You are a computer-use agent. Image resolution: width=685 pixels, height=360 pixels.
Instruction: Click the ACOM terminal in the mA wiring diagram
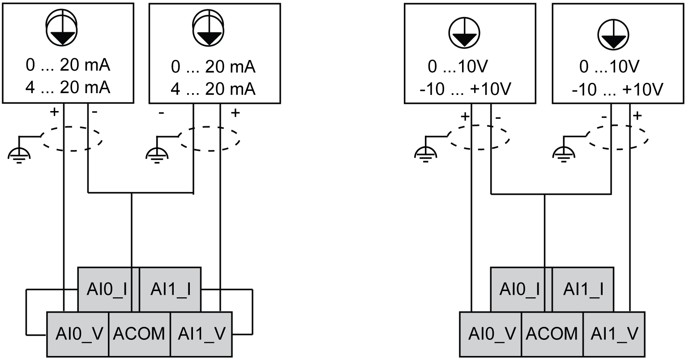tap(139, 334)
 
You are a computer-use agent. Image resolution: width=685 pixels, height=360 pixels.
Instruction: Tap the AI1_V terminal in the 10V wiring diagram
tap(614, 334)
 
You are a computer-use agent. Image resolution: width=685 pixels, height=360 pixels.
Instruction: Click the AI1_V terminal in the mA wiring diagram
tap(201, 334)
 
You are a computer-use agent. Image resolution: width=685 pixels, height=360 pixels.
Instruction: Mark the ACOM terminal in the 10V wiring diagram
tap(552, 334)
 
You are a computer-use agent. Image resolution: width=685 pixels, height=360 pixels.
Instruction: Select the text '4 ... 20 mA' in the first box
tap(68, 88)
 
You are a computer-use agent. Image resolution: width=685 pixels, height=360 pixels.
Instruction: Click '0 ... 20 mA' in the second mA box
tap(214, 67)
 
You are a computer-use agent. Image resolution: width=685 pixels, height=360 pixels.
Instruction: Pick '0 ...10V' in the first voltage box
tap(457, 67)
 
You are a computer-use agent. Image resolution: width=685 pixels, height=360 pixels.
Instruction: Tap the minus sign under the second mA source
tap(161, 113)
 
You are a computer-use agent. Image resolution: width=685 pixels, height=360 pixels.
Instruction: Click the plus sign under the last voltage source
tap(637, 116)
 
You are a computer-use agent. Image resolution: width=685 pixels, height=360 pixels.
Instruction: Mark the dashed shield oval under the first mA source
tap(72, 138)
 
